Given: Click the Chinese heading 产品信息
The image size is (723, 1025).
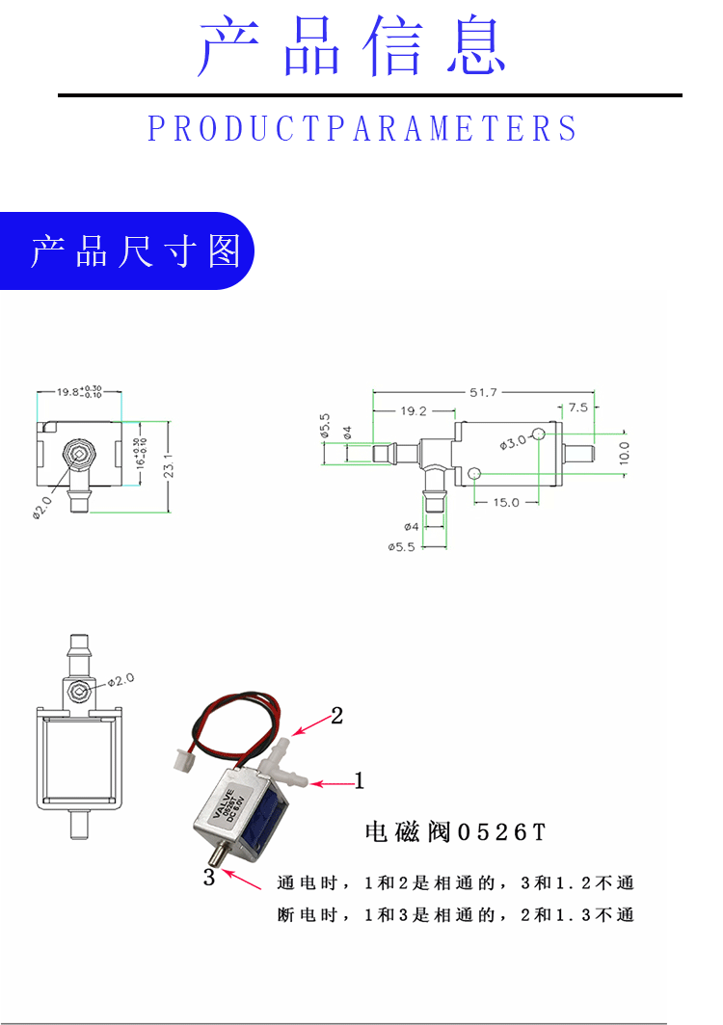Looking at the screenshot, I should [x=353, y=47].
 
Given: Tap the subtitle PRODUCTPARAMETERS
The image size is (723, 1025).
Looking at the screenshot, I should [x=362, y=129].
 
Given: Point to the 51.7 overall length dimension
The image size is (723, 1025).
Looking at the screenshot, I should [x=483, y=392].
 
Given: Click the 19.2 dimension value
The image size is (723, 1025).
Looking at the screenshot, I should [x=413, y=410].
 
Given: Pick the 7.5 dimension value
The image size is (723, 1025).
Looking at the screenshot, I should [x=577, y=407].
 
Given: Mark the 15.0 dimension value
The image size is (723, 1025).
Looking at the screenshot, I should [x=506, y=502].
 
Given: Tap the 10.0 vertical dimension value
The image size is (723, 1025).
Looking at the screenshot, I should [x=624, y=451].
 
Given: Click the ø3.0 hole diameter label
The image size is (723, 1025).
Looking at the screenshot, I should [x=513, y=442].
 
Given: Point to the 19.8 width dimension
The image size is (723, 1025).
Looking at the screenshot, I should [x=78, y=392].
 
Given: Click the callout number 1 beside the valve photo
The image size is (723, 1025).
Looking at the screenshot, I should [x=360, y=781].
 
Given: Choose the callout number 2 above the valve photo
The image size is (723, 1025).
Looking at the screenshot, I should [x=336, y=716].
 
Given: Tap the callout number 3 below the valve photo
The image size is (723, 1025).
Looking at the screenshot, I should [x=209, y=878].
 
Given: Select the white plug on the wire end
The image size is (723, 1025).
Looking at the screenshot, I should [x=180, y=760].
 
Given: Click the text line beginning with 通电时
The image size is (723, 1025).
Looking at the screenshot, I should [x=455, y=883].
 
